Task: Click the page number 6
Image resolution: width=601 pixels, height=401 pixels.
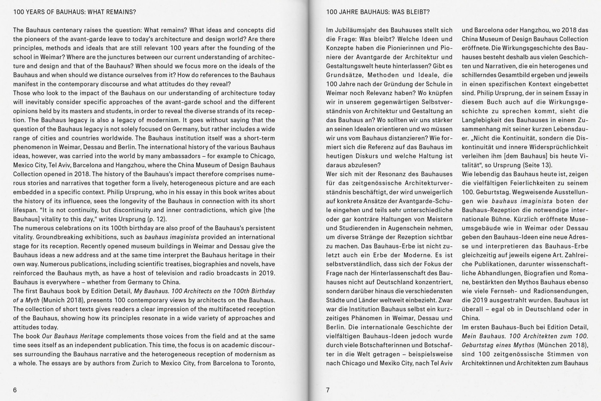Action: coord(15,390)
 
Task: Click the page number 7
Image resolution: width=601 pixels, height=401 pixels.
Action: coord(328,390)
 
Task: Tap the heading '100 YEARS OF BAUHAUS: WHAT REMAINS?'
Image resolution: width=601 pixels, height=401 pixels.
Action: coord(75,12)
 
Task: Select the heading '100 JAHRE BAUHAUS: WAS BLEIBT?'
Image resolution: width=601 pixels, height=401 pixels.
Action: coord(378,12)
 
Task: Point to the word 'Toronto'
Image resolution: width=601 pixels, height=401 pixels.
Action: coord(263,363)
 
